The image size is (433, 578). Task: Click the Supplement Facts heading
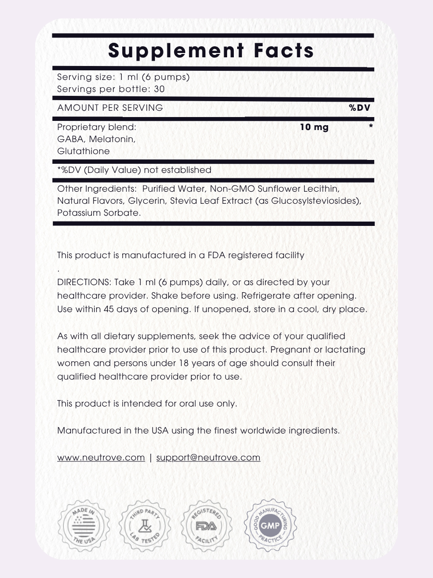211,51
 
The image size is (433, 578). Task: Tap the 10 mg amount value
314,127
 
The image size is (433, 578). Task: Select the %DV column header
360,108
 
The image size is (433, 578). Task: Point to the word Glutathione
83,151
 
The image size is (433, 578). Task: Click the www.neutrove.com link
101,458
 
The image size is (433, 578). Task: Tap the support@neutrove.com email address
208,458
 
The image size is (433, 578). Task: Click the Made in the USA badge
84,525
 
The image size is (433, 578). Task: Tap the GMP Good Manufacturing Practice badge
271,525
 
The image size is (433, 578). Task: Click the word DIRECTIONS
84,282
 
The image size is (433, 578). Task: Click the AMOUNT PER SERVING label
110,108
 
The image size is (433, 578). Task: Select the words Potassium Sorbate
99,213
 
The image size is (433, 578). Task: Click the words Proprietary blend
97,127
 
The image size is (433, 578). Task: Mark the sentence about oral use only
147,404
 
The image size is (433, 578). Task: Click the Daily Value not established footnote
134,170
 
